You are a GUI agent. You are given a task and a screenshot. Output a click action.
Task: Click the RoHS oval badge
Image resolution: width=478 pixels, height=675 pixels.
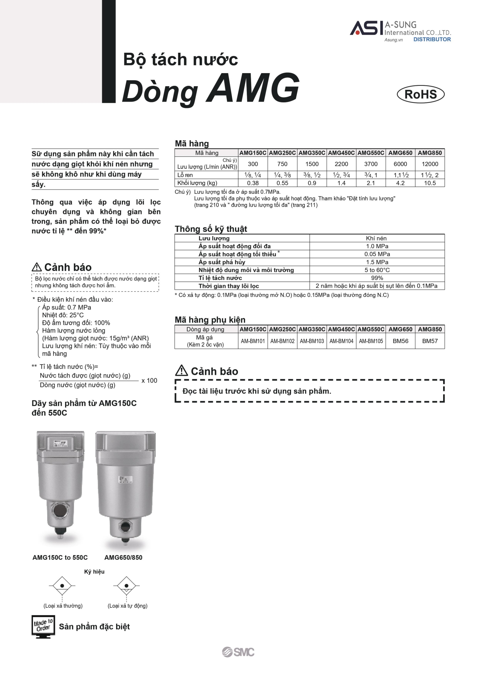pyautogui.click(x=421, y=94)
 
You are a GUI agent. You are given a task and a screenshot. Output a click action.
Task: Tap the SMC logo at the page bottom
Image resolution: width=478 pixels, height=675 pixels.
pyautogui.click(x=238, y=652)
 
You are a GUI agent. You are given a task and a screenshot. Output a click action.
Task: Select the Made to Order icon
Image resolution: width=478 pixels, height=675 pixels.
pyautogui.click(x=43, y=626)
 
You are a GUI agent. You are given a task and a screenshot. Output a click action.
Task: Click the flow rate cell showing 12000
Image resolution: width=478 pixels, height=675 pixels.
pyautogui.click(x=430, y=164)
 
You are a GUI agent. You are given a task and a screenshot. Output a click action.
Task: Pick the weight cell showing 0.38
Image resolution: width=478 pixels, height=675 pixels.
pyautogui.click(x=253, y=183)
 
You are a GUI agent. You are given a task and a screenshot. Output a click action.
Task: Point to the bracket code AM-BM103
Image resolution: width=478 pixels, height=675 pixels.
pyautogui.click(x=312, y=341)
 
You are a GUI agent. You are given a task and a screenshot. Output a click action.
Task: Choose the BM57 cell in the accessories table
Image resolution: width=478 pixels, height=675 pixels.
pyautogui.click(x=430, y=341)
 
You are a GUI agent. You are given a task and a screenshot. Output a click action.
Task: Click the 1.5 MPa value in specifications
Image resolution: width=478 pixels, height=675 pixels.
pyautogui.click(x=377, y=262)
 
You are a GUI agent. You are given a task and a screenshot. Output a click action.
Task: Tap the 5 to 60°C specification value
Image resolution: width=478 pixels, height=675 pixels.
pyautogui.click(x=377, y=270)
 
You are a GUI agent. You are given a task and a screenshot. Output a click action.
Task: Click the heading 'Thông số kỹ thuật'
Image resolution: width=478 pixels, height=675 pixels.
pyautogui.click(x=211, y=229)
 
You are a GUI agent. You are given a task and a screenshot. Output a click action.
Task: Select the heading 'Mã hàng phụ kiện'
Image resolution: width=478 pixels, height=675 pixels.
pyautogui.click(x=210, y=320)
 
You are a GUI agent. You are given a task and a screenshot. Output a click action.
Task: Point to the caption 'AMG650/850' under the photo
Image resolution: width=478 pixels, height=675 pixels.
pyautogui.click(x=123, y=557)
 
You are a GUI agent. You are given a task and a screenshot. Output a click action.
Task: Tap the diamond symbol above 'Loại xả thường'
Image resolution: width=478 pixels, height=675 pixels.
pyautogui.click(x=62, y=586)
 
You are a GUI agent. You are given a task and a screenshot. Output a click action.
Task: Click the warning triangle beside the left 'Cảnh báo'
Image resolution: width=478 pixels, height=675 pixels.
pyautogui.click(x=37, y=267)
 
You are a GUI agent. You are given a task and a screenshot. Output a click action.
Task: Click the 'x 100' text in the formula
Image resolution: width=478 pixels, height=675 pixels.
pyautogui.click(x=149, y=380)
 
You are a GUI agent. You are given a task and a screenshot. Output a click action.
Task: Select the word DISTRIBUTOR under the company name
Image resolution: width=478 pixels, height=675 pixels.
pyautogui.click(x=432, y=39)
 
